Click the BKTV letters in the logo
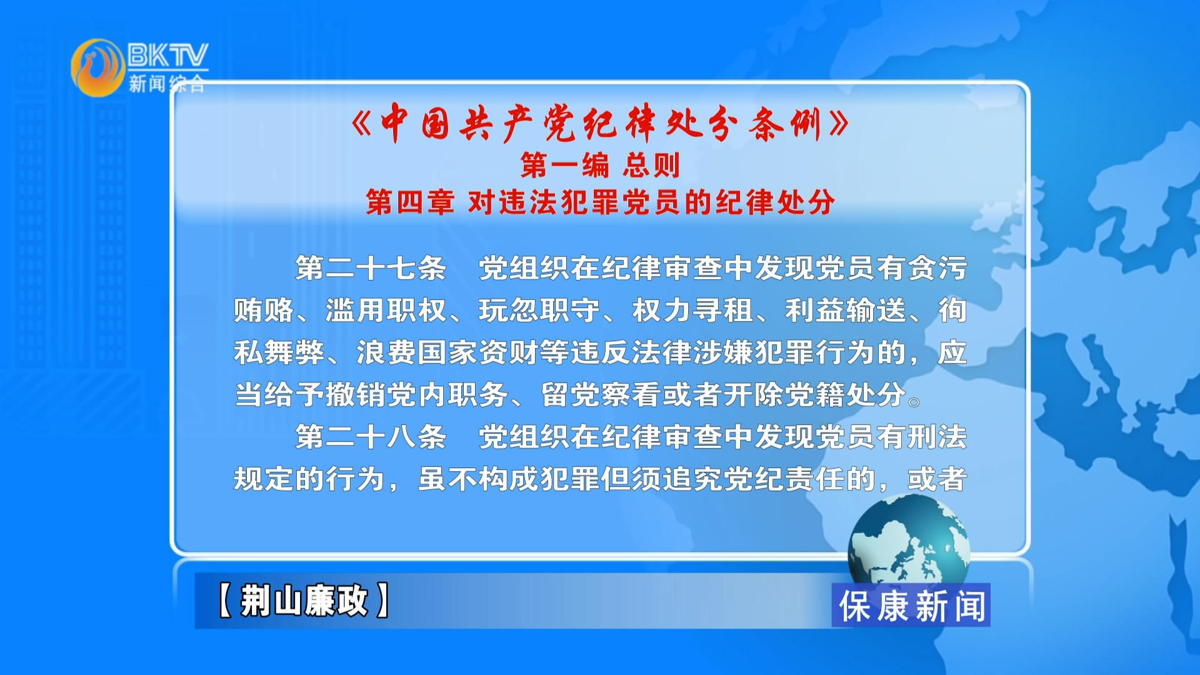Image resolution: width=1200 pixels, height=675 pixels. [167, 55]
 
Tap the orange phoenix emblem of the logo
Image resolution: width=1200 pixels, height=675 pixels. [98, 67]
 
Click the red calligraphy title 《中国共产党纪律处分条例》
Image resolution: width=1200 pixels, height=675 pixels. [600, 123]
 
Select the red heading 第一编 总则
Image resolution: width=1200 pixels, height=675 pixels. [600, 165]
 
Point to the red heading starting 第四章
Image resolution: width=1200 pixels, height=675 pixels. [600, 202]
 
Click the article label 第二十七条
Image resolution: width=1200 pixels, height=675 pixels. [371, 269]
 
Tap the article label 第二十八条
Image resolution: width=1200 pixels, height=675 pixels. [371, 437]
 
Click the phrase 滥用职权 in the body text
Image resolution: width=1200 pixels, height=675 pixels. [386, 311]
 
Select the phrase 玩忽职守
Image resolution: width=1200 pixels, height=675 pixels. [539, 311]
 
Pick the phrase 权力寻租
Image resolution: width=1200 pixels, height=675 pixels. [692, 311]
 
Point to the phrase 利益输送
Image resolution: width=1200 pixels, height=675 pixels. [846, 311]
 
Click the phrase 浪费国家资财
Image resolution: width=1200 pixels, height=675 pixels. [447, 352]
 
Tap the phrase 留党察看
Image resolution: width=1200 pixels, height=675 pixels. [601, 395]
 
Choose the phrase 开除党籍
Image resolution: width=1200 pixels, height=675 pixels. [784, 395]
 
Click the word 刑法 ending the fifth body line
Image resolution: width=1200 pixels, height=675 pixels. [937, 437]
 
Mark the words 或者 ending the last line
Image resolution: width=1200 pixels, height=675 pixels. [937, 479]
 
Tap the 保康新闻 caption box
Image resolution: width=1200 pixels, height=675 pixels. [911, 605]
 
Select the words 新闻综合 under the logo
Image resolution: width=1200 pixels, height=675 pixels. [167, 83]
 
